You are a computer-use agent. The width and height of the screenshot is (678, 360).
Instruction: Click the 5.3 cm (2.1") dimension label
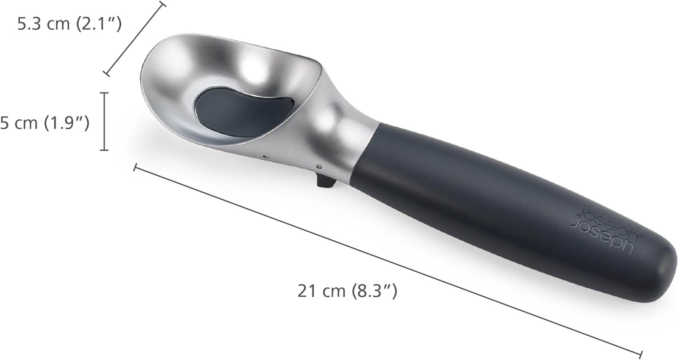69,24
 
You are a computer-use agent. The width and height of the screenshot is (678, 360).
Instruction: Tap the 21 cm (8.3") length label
347,291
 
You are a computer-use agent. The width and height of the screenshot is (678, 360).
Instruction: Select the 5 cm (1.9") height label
44,123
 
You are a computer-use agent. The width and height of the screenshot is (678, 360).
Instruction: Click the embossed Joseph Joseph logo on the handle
604,231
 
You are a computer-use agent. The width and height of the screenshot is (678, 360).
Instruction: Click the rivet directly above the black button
320,167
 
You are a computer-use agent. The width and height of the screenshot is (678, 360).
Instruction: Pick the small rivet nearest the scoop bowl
265,157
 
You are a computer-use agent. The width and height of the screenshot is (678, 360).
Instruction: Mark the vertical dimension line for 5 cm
105,121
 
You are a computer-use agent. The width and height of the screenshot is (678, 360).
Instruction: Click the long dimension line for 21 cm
387,261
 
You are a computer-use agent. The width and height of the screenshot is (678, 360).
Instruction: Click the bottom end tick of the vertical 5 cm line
105,150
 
